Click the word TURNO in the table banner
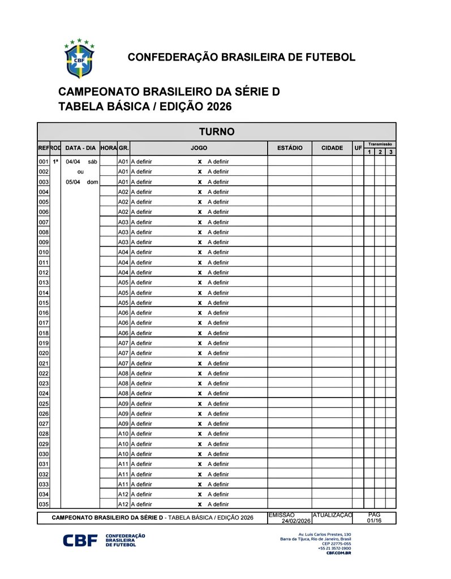(x=217, y=132)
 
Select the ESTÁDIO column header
(x=290, y=148)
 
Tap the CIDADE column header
(x=332, y=148)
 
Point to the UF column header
(x=358, y=148)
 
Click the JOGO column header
(x=199, y=148)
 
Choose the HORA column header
(x=108, y=148)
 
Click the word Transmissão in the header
(x=380, y=144)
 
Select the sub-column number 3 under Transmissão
(x=390, y=152)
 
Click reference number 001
(x=44, y=162)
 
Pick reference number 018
(x=44, y=333)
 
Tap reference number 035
(x=44, y=504)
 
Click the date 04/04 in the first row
(x=73, y=162)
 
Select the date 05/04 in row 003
(x=73, y=182)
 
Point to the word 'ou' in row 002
(x=80, y=172)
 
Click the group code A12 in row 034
(x=123, y=494)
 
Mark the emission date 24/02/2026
(x=297, y=521)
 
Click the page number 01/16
(x=374, y=521)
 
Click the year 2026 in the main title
(x=219, y=107)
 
